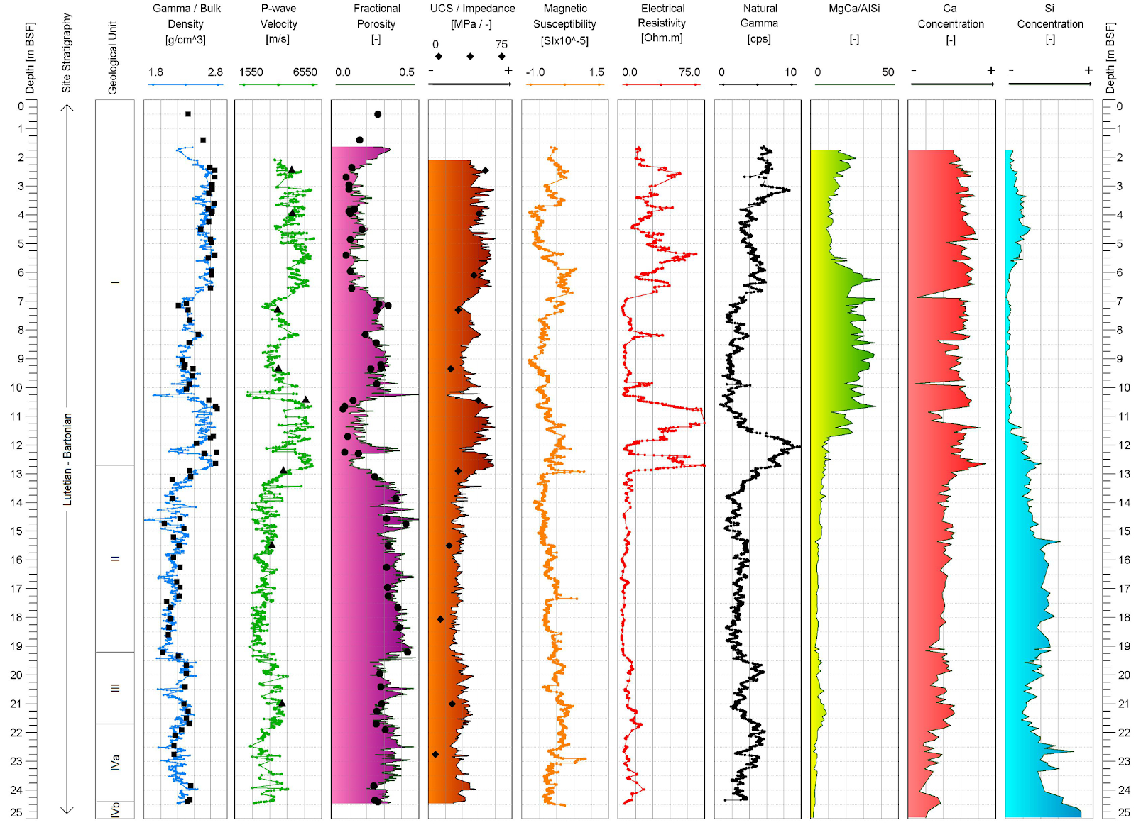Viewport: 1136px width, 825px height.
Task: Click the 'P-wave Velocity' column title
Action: tap(278, 16)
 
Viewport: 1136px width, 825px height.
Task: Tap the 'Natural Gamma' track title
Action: tap(759, 16)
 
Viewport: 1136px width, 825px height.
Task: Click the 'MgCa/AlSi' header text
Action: tap(854, 8)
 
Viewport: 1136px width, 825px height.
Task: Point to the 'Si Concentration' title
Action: tap(1050, 16)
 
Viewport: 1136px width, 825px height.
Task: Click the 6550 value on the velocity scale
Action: tap(305, 72)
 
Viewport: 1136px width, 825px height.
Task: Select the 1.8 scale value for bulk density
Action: tap(155, 72)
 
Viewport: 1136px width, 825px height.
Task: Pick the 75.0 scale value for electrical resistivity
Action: tap(689, 72)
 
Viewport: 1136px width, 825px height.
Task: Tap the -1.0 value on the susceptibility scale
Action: tap(535, 72)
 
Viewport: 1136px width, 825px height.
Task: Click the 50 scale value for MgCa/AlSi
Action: tap(887, 72)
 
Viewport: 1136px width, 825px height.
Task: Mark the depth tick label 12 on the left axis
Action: tap(21, 445)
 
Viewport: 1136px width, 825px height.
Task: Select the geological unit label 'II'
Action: tap(115, 558)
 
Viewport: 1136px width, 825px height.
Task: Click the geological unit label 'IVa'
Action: tap(115, 763)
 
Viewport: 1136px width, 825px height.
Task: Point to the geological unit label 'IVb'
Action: tap(115, 810)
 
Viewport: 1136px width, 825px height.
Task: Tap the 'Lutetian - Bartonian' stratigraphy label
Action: tap(67, 459)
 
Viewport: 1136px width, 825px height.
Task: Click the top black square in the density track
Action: tap(187, 114)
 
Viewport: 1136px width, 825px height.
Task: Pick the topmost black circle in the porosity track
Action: tap(377, 114)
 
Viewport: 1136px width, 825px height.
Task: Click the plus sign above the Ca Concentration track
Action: tap(990, 70)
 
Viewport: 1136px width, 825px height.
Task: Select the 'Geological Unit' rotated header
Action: tap(112, 57)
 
